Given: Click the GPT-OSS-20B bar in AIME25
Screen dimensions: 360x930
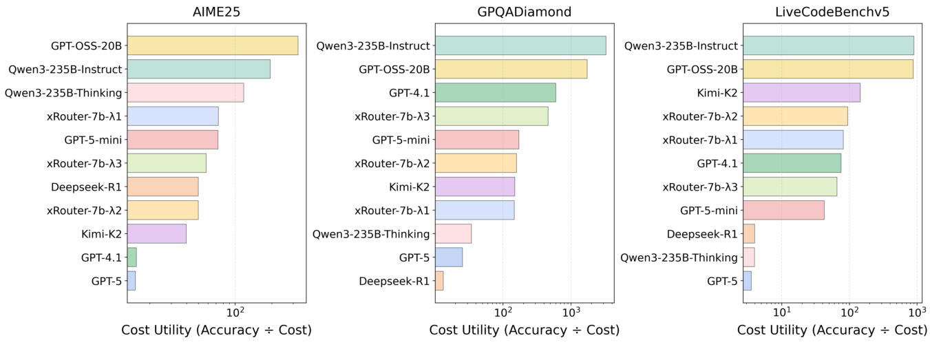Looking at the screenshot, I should click(212, 45).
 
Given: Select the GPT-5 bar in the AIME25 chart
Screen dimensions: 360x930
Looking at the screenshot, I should click(131, 281).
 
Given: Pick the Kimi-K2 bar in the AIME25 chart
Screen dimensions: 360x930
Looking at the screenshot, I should click(156, 234).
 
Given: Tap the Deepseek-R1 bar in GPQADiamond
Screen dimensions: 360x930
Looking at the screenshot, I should click(439, 281).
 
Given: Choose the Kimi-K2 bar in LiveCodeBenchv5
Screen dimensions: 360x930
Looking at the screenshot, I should click(801, 93).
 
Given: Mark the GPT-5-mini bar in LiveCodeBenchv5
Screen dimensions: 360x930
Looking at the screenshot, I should click(783, 211).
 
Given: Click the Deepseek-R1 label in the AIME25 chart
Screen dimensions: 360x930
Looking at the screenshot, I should click(86, 187).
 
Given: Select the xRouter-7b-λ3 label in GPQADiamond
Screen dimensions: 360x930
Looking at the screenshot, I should click(392, 116).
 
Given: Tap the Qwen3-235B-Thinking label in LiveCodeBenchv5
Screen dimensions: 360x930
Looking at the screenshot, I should click(678, 257).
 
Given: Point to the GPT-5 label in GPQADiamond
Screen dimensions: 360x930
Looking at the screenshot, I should click(414, 257).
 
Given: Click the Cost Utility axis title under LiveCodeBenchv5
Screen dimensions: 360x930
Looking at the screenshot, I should click(832, 330).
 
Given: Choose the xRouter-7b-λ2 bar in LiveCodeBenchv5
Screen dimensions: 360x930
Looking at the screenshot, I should click(795, 116).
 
